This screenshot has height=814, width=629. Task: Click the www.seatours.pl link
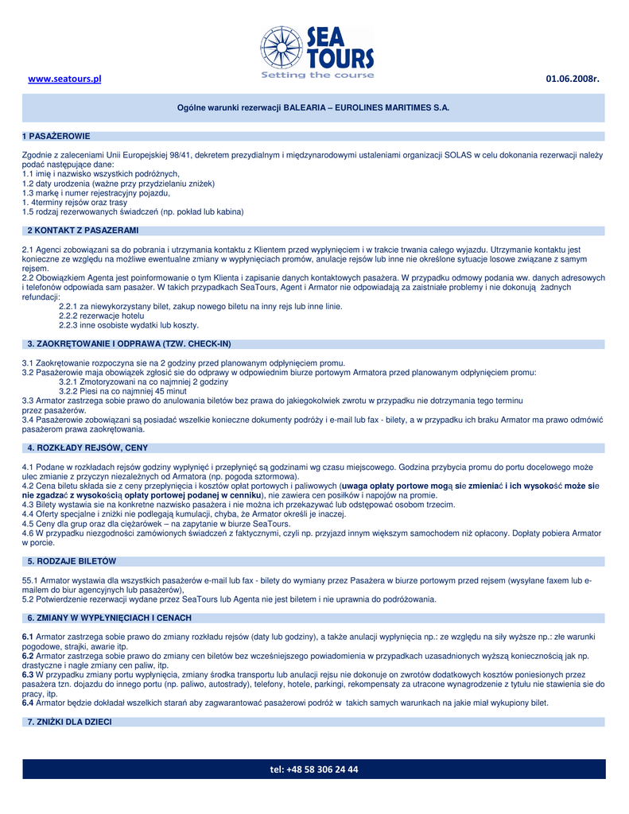click(65, 79)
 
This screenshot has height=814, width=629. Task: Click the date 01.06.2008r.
click(572, 79)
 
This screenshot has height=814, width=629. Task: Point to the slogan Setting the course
click(316, 76)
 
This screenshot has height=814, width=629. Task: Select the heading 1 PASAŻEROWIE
click(56, 136)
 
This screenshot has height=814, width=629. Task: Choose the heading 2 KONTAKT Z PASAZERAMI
click(83, 231)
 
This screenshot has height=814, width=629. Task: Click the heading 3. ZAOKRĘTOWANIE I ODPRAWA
click(129, 343)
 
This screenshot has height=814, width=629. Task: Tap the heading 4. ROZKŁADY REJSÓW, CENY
click(87, 448)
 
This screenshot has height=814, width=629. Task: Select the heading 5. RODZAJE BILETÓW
click(72, 561)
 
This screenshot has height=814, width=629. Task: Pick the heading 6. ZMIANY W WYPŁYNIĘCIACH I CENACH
click(109, 618)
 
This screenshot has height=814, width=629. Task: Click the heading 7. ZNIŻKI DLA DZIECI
click(69, 721)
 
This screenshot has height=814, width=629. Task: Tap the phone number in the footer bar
click(314, 769)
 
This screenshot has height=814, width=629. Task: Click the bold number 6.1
click(28, 637)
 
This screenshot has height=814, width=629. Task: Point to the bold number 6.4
click(28, 703)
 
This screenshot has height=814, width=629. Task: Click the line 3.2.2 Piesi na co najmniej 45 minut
click(122, 391)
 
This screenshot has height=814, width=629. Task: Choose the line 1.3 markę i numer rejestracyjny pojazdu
click(96, 193)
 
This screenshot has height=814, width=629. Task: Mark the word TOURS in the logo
click(340, 58)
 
